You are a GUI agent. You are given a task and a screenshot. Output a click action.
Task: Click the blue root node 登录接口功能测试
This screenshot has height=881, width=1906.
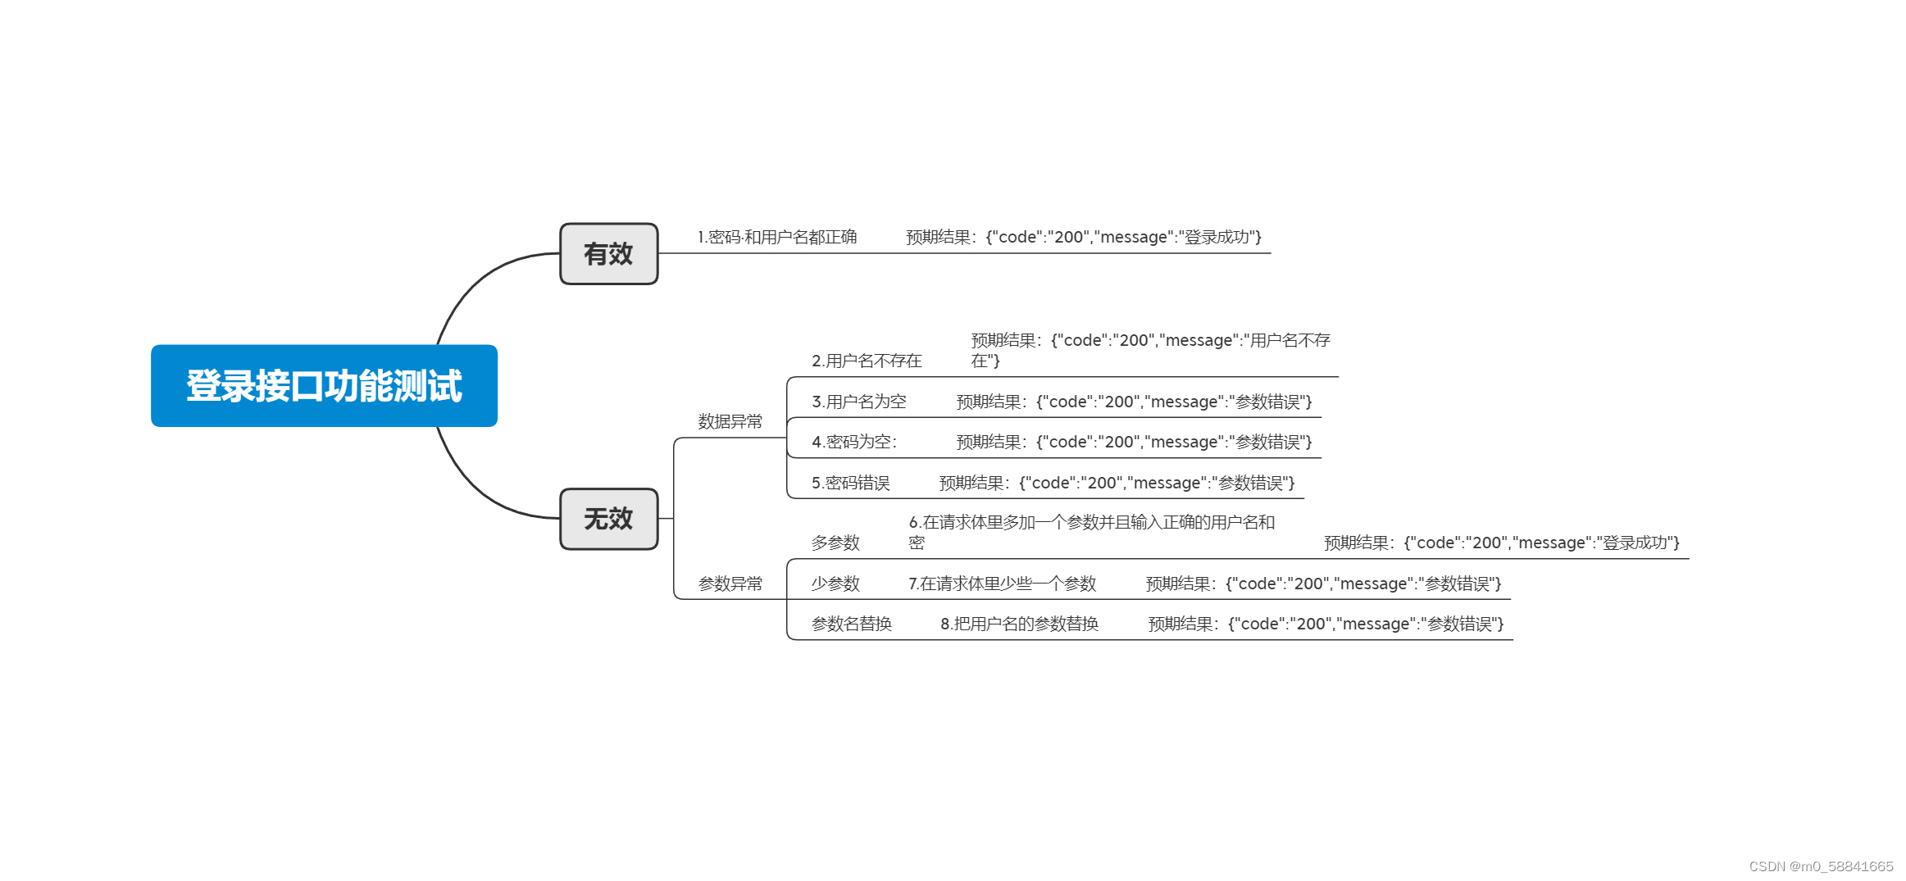324,385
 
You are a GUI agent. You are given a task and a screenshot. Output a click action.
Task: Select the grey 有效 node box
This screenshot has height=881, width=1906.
608,254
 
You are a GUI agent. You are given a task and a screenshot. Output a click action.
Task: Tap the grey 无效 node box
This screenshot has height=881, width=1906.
608,519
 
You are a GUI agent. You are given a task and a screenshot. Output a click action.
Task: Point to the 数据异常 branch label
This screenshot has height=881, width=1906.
730,421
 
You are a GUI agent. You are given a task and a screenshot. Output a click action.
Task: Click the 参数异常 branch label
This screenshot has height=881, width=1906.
730,584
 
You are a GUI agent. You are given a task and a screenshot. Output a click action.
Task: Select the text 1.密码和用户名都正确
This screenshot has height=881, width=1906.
776,237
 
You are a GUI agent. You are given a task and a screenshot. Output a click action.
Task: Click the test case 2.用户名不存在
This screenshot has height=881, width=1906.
867,361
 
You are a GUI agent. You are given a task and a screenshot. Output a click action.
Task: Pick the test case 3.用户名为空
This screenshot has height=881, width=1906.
858,402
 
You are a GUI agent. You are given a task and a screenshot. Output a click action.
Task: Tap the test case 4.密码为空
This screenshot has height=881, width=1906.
853,442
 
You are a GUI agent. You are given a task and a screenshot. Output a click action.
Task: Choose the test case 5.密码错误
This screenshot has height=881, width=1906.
850,483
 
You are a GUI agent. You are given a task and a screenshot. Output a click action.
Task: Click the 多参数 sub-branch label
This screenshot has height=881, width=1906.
835,543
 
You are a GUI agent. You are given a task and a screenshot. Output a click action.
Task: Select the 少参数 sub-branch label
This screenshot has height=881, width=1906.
835,584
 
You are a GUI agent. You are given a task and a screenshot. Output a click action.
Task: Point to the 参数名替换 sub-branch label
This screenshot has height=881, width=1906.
851,624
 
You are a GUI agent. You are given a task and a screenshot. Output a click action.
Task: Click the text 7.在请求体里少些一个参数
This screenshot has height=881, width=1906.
1002,584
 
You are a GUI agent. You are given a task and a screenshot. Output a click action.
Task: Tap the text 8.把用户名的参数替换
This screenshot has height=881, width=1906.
1019,624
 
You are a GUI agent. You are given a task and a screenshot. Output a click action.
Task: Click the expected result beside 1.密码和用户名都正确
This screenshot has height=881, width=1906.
1083,237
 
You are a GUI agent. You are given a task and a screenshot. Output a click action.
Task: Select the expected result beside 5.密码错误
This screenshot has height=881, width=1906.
1117,483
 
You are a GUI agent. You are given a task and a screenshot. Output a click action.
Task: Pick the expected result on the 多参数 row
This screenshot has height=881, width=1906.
1501,543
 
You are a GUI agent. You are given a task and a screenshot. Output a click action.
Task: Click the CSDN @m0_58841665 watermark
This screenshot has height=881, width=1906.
1821,866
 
